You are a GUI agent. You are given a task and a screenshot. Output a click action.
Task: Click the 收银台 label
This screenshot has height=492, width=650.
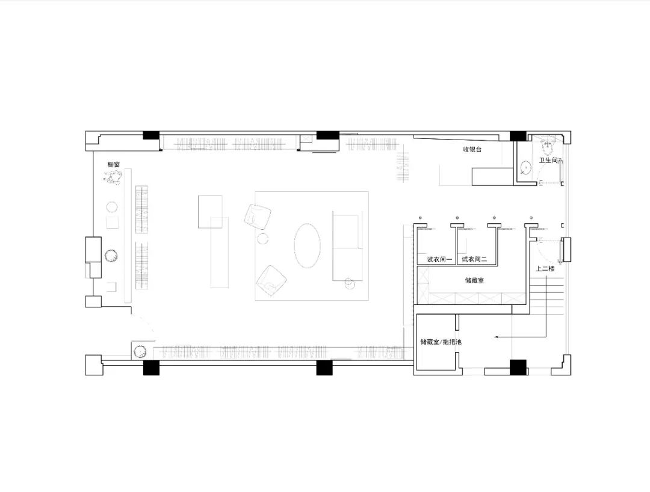pos(472,150)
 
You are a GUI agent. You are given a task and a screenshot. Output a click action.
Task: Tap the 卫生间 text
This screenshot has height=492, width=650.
pos(548,160)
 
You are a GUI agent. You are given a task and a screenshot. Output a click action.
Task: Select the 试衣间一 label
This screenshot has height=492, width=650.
pos(440,260)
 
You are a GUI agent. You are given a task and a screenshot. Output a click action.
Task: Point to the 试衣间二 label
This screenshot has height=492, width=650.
pos(475,260)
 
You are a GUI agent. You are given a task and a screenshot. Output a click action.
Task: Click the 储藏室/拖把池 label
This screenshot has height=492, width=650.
pos(441,342)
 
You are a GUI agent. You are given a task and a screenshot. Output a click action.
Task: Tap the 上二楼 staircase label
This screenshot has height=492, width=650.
pos(545,269)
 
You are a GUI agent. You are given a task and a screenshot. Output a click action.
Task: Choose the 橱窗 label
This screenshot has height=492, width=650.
pos(114,164)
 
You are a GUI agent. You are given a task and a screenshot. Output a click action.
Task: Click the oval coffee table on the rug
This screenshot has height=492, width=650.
pos(307,245)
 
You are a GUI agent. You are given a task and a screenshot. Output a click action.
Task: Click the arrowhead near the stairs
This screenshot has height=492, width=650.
pos(495,337)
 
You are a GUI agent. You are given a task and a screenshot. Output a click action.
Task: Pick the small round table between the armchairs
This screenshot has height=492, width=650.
pos(263,239)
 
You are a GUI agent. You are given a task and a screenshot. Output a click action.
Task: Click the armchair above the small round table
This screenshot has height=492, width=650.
pos(258,216)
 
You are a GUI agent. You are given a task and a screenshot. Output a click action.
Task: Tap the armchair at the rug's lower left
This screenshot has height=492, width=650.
pos(271,281)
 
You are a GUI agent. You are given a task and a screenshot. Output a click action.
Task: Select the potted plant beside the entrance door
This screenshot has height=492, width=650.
pos(140,352)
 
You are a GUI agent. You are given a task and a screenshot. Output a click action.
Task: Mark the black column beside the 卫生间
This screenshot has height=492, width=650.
pos(518,136)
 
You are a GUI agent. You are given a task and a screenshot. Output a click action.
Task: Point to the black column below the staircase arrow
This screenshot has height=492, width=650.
pos(518,367)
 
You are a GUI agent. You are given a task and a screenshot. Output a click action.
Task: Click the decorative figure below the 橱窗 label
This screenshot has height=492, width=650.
pos(113,178)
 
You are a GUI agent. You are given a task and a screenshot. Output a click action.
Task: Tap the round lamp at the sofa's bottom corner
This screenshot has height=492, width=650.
pos(349,283)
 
